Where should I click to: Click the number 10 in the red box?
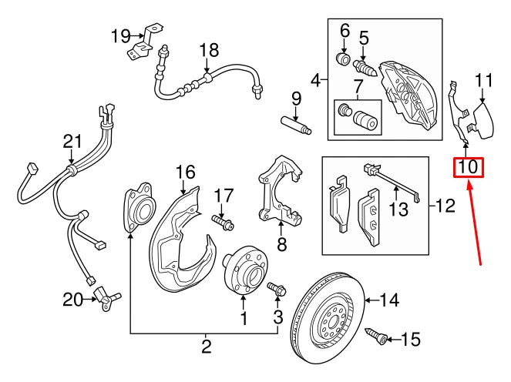[x=469, y=166]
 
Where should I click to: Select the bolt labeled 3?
[x=277, y=291]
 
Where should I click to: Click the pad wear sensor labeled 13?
[x=393, y=184]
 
